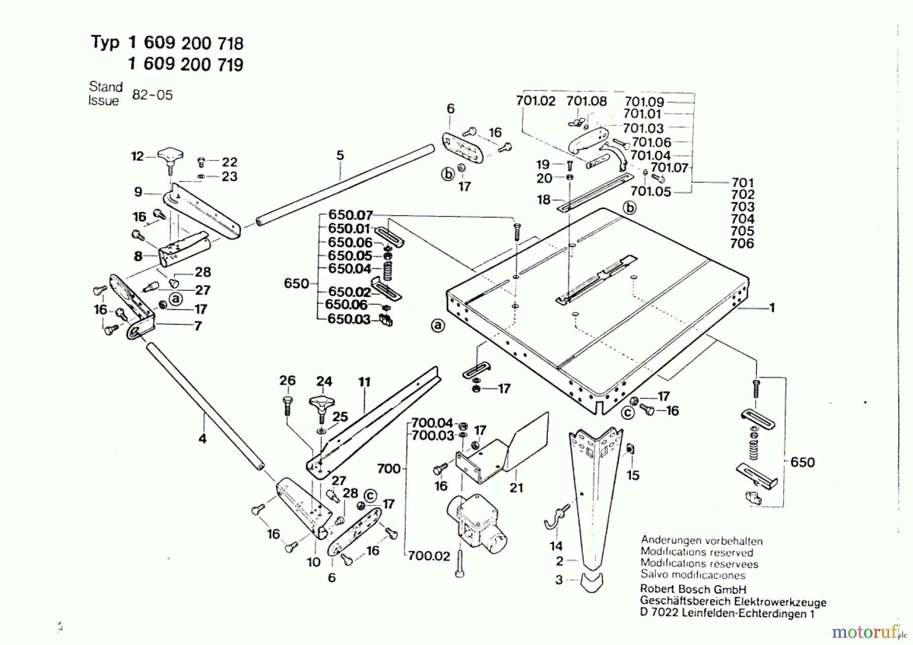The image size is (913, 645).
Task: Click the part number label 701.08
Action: click(x=586, y=101)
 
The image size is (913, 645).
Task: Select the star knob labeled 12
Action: click(x=170, y=160)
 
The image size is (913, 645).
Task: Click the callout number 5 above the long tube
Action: click(x=340, y=155)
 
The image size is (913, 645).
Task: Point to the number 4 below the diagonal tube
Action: click(x=202, y=438)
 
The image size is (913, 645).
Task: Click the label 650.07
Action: click(x=350, y=215)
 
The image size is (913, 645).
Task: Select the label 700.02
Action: click(x=429, y=556)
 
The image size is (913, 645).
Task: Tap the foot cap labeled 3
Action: click(x=591, y=583)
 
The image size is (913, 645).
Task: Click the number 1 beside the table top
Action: click(x=772, y=308)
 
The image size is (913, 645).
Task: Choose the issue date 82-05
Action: click(x=152, y=95)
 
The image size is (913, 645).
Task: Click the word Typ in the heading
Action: click(x=105, y=43)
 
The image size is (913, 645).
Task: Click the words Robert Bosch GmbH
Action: click(x=693, y=589)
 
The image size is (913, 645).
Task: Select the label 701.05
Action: click(x=650, y=191)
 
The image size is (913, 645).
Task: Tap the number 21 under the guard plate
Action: click(x=516, y=488)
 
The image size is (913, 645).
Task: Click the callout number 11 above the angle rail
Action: click(x=365, y=382)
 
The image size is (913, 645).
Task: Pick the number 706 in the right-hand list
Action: click(x=742, y=244)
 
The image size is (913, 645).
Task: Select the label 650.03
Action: click(x=349, y=319)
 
